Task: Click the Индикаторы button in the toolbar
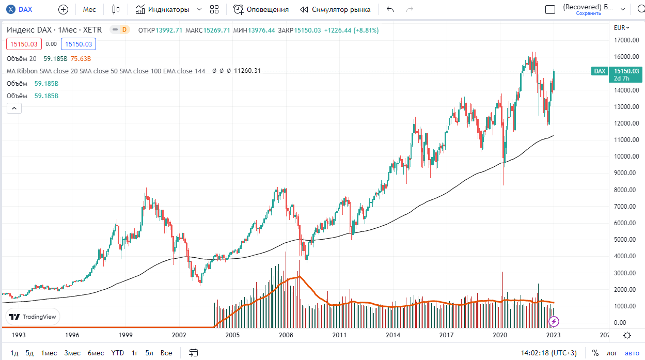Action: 162,9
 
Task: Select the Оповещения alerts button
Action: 261,9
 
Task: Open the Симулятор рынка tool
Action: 335,9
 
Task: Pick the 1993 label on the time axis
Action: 19,335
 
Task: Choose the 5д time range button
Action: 29,353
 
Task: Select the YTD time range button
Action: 118,353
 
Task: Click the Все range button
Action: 166,353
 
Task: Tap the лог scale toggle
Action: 612,353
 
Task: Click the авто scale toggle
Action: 632,353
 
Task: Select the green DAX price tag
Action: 599,71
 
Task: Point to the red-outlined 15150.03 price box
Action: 23,44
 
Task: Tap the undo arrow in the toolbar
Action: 390,9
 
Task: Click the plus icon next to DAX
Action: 63,9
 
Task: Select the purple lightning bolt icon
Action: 554,322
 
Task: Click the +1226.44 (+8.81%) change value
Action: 351,30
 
